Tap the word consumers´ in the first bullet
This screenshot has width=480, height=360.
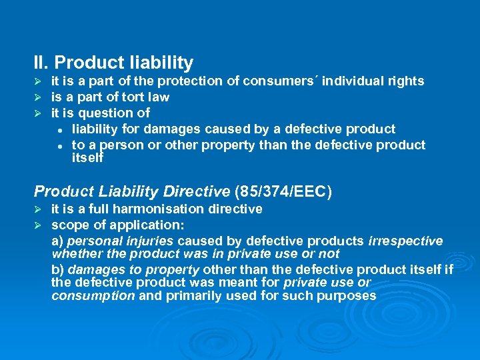pos(279,81)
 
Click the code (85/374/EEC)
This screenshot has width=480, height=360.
pos(283,192)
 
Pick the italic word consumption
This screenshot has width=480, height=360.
pos(93,296)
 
